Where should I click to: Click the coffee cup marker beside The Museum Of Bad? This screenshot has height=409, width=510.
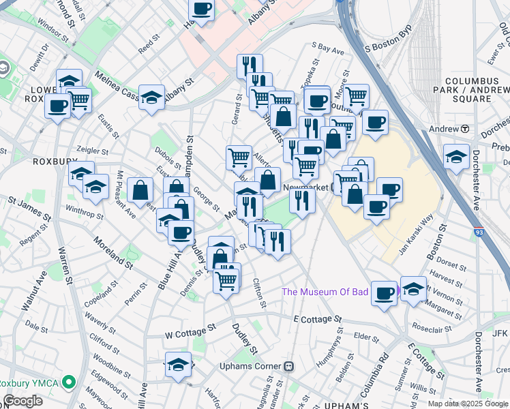[385, 293]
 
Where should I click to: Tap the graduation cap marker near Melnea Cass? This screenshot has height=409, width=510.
[152, 97]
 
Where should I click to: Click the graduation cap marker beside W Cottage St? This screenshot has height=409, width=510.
[178, 364]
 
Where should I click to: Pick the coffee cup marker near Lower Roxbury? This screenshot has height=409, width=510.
[58, 106]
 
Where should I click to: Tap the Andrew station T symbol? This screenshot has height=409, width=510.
[464, 128]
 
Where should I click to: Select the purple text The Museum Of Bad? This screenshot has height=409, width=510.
[325, 292]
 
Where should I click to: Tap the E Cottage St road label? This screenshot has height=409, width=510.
[317, 319]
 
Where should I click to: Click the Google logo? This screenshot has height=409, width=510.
[23, 401]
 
